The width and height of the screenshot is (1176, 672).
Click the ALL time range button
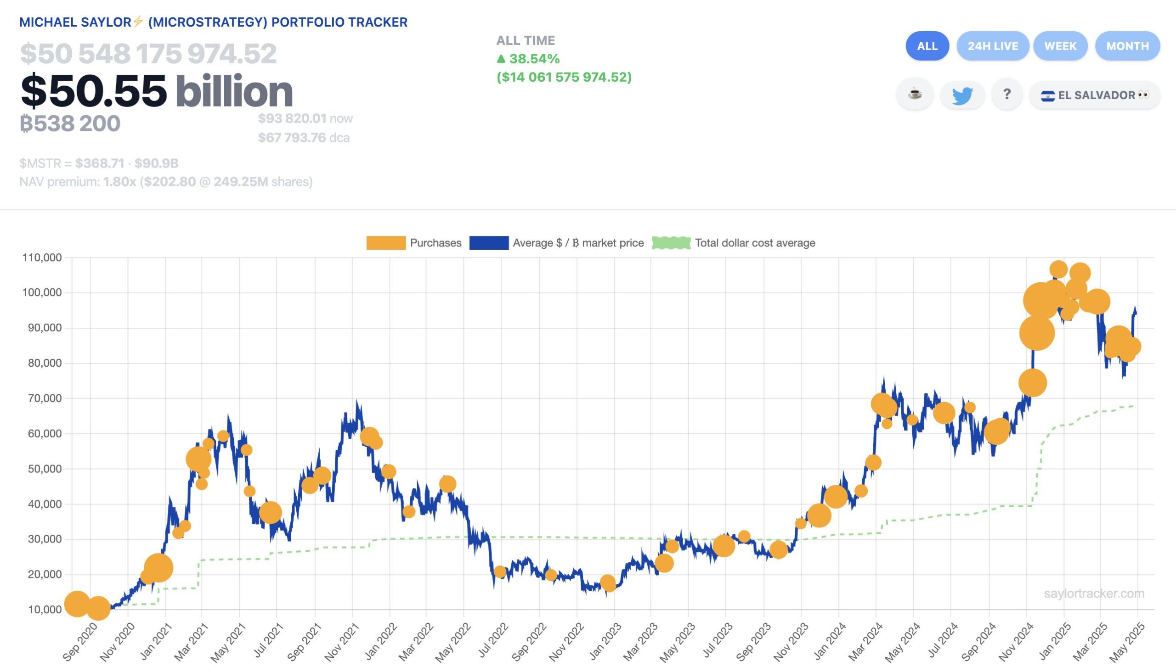(927, 46)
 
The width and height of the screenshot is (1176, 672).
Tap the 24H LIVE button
(992, 46)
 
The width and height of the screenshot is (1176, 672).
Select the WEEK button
(1060, 46)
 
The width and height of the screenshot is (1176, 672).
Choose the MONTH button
(1127, 46)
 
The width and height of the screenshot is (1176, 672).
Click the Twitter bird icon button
(962, 95)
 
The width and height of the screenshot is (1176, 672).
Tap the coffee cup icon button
(915, 95)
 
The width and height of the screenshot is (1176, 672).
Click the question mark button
(1006, 95)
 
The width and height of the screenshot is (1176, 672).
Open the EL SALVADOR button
(1094, 95)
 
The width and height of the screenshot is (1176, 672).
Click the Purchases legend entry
(414, 243)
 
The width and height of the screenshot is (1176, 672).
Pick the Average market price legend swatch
(489, 243)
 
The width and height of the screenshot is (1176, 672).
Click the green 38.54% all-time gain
(528, 59)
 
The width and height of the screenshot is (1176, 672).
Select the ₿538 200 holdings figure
(70, 123)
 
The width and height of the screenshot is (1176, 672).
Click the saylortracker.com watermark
(1093, 594)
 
